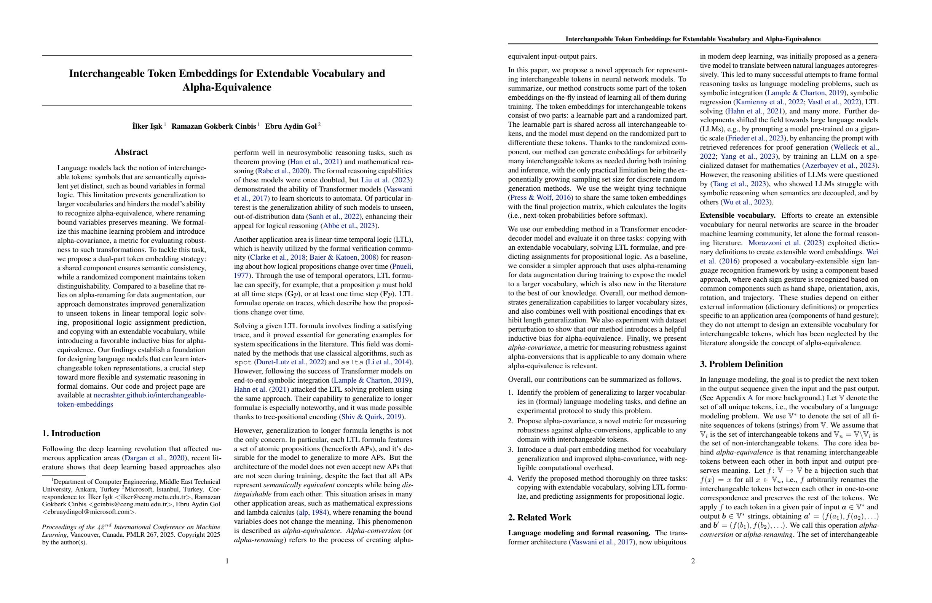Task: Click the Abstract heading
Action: tap(131, 152)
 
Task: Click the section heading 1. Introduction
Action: tap(71, 434)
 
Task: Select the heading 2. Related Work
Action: tap(539, 518)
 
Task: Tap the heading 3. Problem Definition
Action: tap(741, 364)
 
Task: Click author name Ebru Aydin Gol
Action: tap(290, 126)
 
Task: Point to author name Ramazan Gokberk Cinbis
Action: tap(214, 126)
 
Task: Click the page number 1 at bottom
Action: tap(227, 561)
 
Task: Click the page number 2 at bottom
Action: tap(693, 561)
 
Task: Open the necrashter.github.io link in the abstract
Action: tap(150, 396)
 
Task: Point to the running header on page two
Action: tap(693, 39)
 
